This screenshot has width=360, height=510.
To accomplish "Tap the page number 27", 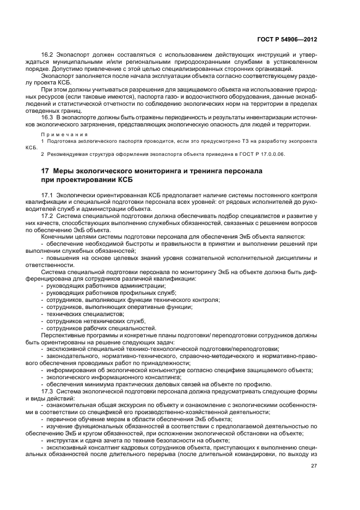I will pos(314,466).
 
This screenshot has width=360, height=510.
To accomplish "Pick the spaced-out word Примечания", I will pos(60,134).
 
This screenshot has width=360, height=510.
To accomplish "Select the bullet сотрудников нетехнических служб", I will pos(88,321).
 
